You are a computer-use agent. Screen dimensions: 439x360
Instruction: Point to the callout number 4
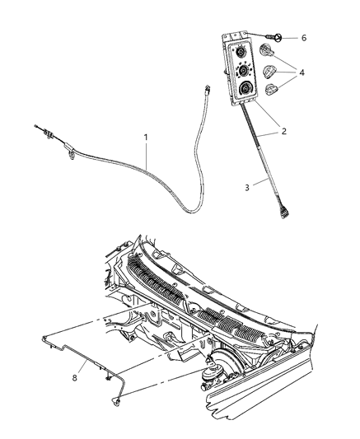pyautogui.click(x=302, y=72)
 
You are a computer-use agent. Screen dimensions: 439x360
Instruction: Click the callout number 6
pyautogui.click(x=303, y=39)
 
